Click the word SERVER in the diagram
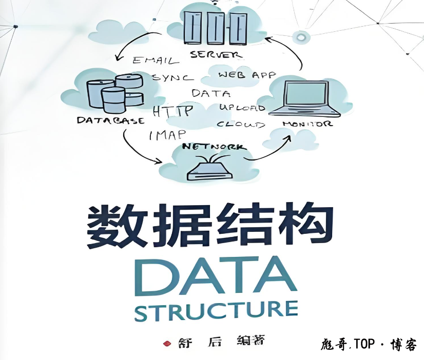tap(216, 54)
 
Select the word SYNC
tap(173, 77)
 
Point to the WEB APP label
tap(247, 75)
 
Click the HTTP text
tap(172, 110)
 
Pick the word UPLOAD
tap(242, 108)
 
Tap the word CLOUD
tap(241, 124)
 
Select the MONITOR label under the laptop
tap(307, 124)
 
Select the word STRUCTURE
tap(216, 311)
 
